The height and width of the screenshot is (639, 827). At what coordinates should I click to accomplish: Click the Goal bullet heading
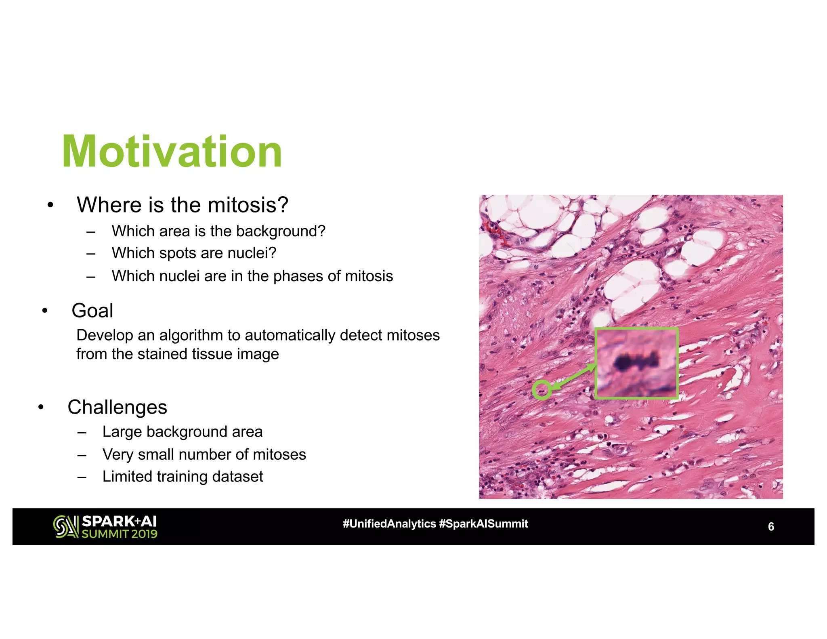click(92, 311)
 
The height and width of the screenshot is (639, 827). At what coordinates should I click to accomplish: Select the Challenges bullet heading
click(117, 407)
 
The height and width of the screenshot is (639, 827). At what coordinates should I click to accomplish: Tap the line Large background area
click(182, 432)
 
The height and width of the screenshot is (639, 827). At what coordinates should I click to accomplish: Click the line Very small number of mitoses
click(204, 454)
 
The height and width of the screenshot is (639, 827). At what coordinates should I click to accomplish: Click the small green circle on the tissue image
click(542, 390)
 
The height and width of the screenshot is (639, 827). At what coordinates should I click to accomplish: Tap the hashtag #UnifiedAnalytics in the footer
click(389, 524)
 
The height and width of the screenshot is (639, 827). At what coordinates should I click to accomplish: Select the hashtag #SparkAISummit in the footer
click(483, 524)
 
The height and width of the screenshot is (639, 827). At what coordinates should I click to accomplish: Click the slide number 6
click(770, 527)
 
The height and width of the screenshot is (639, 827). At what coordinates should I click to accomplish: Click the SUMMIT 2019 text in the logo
click(120, 534)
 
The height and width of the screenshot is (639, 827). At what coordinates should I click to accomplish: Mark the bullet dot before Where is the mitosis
click(50, 205)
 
